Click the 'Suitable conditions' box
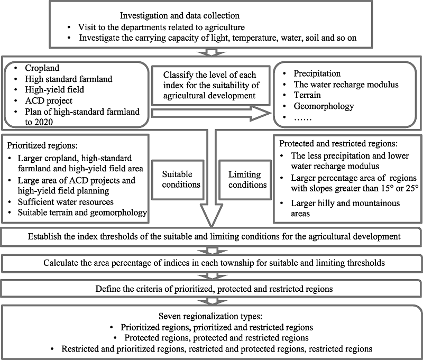point(178,180)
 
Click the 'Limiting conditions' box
point(245,180)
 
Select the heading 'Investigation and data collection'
point(180,16)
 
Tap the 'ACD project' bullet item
point(49,100)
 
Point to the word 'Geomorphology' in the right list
point(324,106)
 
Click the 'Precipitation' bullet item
point(317,73)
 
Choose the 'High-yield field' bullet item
point(54,89)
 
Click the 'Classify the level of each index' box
point(210,85)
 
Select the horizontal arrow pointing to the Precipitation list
point(211,114)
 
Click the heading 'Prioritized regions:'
point(42,145)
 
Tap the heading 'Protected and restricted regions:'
point(338,143)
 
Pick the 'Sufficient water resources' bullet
point(66,202)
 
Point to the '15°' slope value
point(388,188)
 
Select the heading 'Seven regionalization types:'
point(210,316)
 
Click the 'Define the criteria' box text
point(214,289)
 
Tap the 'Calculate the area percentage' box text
point(214,263)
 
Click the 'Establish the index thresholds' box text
point(214,236)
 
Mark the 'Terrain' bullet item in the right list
point(307,95)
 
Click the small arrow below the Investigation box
point(211,52)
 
